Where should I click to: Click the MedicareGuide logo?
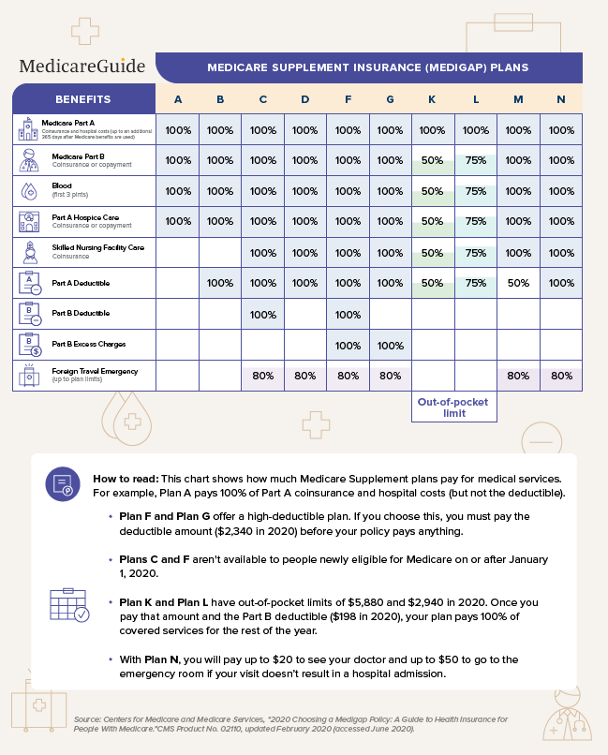coord(82,66)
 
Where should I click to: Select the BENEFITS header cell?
coord(83,99)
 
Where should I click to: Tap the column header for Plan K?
coord(432,99)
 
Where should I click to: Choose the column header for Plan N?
coord(560,99)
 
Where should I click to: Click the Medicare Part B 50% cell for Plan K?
coord(432,160)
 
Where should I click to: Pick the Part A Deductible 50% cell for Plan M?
coord(517,284)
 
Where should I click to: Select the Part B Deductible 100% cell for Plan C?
coord(263,315)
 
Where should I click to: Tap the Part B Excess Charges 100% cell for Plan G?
coord(390,345)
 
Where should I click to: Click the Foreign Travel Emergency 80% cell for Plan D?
coord(305,376)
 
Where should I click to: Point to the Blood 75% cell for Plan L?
coord(475,191)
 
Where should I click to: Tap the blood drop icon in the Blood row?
coord(27,190)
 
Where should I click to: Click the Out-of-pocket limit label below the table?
coord(453,407)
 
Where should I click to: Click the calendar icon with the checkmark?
coord(67,607)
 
